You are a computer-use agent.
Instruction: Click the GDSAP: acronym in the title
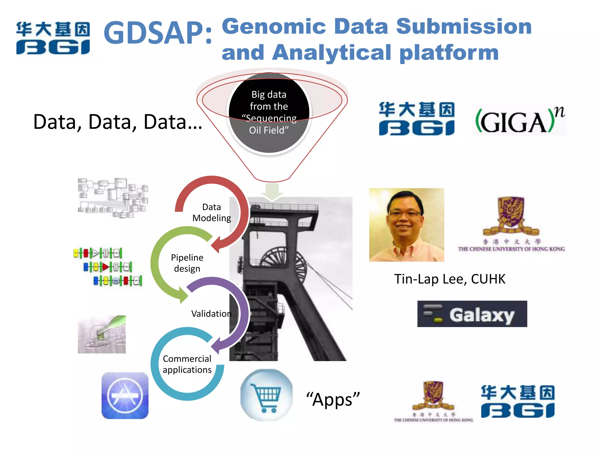click(x=158, y=33)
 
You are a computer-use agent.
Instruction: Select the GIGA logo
click(x=519, y=120)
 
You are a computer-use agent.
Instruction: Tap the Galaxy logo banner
click(x=472, y=314)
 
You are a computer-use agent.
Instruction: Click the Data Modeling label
click(x=212, y=213)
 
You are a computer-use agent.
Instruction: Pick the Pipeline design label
click(x=187, y=263)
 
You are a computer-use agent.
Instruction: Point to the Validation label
click(x=211, y=314)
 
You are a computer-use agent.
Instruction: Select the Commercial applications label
click(x=187, y=364)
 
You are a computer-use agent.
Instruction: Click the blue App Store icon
click(x=125, y=396)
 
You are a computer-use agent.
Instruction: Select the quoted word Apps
click(x=333, y=399)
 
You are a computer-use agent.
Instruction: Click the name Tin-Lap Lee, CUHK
click(x=450, y=279)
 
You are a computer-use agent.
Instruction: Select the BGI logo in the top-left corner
click(x=53, y=38)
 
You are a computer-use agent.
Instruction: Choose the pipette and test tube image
click(x=102, y=334)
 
